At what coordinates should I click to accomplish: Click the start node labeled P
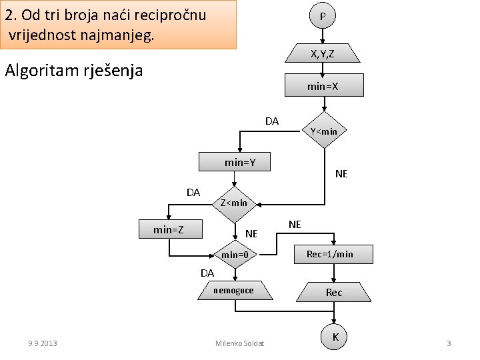coord(323,16)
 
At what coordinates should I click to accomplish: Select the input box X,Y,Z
coord(323,54)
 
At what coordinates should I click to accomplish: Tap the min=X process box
coord(323,85)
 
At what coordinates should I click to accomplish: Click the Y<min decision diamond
coord(323,131)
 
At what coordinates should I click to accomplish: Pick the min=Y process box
coord(235,162)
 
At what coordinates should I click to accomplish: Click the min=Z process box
coord(170,230)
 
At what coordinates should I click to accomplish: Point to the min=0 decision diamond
coord(235,255)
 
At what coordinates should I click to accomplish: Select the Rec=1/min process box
coord(335,254)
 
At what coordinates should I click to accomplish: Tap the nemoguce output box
coord(233,290)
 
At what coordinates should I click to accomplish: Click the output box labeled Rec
coord(334,292)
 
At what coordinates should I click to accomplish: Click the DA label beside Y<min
coord(272,121)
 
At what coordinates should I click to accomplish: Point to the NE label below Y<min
coord(341,174)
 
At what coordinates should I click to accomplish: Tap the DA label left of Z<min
coord(193,193)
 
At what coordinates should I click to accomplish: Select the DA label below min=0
coord(207,273)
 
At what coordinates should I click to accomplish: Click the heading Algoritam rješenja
coord(73,71)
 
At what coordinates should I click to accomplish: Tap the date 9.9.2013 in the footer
coord(43,343)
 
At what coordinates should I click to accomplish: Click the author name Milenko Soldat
coord(240,343)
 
